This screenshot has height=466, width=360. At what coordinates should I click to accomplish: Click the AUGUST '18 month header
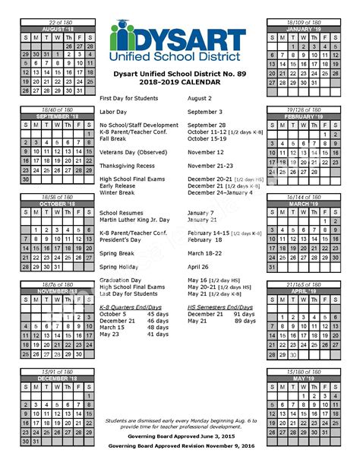coord(58,28)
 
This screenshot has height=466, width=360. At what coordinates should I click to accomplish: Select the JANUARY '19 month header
coord(303,28)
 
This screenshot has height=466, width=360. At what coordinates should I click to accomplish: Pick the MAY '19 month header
coord(303,378)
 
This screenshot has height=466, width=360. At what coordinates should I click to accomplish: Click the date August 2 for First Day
coord(200,98)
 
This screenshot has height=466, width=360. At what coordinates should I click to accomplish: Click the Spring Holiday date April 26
coord(197,266)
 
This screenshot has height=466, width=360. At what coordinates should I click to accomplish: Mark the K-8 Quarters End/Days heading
coord(134,306)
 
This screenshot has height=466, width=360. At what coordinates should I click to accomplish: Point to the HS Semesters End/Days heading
coord(225,306)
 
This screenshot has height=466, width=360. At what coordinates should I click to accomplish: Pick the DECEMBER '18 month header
coord(58,378)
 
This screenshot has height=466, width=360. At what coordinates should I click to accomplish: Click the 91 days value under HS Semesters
coord(244,313)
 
